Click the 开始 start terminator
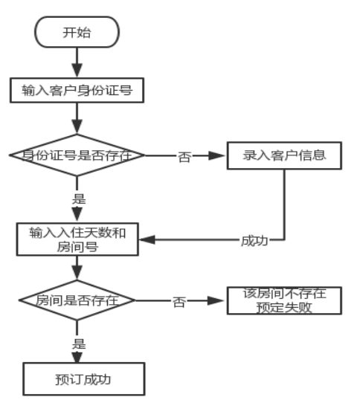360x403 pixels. pyautogui.click(x=77, y=33)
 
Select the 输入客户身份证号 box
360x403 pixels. pyautogui.click(x=77, y=91)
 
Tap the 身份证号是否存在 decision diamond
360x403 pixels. pyautogui.click(x=77, y=155)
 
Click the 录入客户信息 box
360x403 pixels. pyautogui.click(x=284, y=155)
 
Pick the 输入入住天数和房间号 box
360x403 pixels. pyautogui.click(x=77, y=239)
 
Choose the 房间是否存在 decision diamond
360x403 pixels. pyautogui.click(x=77, y=301)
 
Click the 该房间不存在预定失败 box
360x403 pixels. pyautogui.click(x=284, y=300)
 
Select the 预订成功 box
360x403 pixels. pyautogui.click(x=83, y=378)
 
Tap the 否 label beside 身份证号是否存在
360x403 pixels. pyautogui.click(x=184, y=157)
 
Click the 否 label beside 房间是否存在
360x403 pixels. pyautogui.click(x=179, y=302)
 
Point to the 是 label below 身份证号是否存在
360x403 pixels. pyautogui.click(x=78, y=199)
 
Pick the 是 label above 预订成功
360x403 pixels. pyautogui.click(x=78, y=343)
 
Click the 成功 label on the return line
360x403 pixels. pyautogui.click(x=254, y=240)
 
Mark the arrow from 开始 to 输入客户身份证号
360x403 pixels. pyautogui.click(x=77, y=62)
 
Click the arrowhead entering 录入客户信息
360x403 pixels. pyautogui.click(x=221, y=156)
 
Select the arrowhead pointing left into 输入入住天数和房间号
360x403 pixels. pyautogui.click(x=144, y=239)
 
